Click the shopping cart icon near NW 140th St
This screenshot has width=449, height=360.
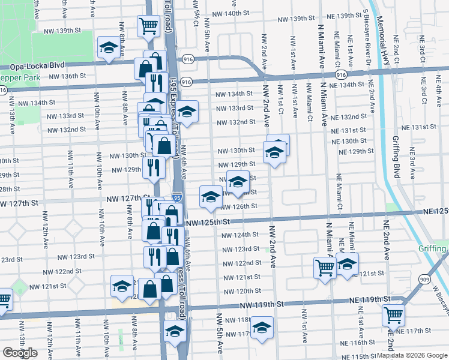pos(148,26)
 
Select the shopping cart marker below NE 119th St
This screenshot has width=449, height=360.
pos(394,313)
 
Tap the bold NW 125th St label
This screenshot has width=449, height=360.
pos(208,223)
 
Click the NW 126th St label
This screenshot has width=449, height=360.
pos(239,206)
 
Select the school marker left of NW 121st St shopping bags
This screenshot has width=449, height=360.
pos(122,286)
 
